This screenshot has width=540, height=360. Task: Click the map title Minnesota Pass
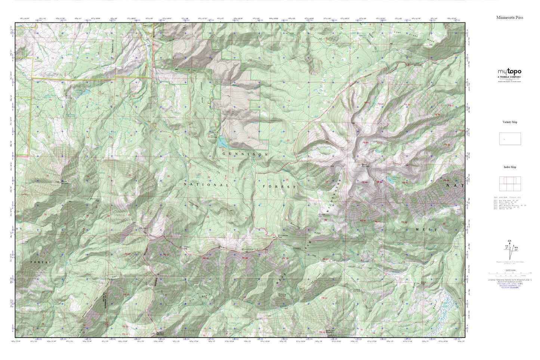[x=509, y=18]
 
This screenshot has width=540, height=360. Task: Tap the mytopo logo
[x=509, y=72]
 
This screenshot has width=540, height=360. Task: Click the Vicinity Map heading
[x=510, y=122]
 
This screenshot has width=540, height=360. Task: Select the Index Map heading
[x=510, y=167]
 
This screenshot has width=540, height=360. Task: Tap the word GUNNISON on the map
[x=245, y=154]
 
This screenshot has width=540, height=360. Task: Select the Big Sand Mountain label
[x=160, y=334]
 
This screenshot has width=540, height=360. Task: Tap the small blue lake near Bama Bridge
[x=86, y=91]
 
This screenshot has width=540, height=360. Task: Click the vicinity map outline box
[x=510, y=139]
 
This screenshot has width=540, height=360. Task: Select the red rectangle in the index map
[x=510, y=180]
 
